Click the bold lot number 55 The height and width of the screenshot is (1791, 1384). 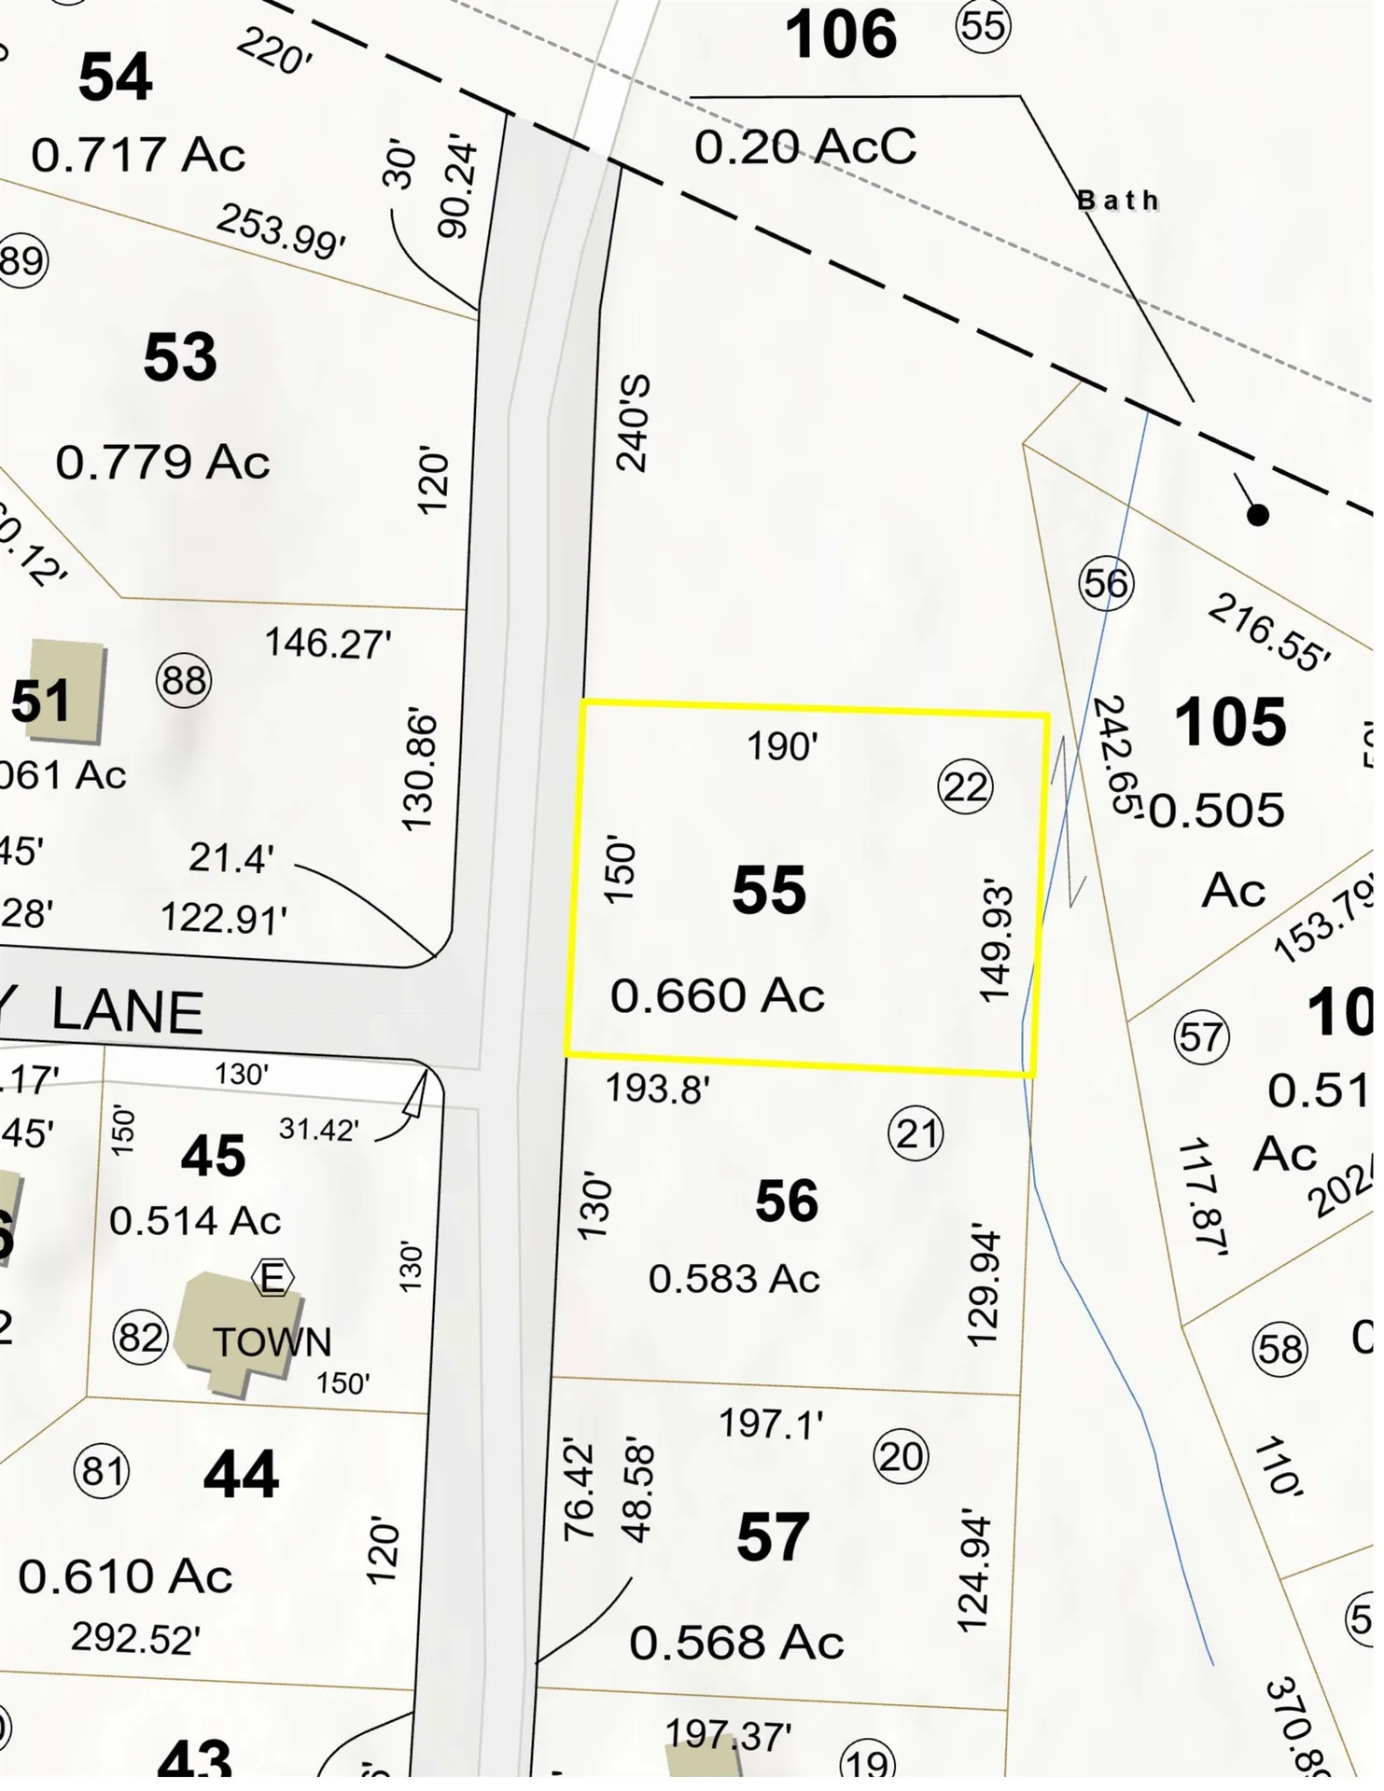coord(768,890)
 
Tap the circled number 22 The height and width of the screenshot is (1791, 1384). coord(965,787)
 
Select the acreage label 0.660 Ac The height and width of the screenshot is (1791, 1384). coord(717,995)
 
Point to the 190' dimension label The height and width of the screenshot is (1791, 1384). coord(782,746)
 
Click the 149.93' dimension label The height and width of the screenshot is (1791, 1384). coord(996,940)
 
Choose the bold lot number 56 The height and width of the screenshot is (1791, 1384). coord(787,1201)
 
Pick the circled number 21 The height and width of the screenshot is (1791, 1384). coord(916,1134)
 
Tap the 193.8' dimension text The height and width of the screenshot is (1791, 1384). coord(658,1089)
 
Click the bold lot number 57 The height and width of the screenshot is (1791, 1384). coord(772,1537)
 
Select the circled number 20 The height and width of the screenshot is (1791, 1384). coord(901,1456)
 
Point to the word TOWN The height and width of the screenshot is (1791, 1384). coord(272,1342)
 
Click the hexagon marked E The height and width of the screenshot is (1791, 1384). coord(273,1278)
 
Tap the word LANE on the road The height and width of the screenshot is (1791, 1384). coord(127,1012)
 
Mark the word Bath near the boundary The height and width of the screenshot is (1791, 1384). coord(1118,201)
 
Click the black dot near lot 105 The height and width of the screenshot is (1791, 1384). coord(1258,515)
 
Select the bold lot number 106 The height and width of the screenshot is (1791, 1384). coord(841,35)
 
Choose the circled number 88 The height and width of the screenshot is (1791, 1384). coord(184,681)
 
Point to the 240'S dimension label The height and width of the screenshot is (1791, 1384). coord(634,423)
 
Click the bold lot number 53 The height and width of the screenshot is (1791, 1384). coord(180,357)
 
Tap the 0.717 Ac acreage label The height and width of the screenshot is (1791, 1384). coord(138,155)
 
